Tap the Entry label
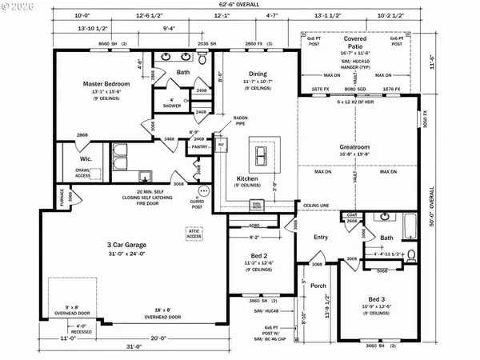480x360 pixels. pyautogui.click(x=321, y=237)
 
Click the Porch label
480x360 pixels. pyautogui.click(x=318, y=286)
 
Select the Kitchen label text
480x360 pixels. pyautogui.click(x=246, y=178)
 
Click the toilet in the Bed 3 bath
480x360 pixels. pyautogui.click(x=411, y=255)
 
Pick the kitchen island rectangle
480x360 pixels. pyautogui.click(x=260, y=150)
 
